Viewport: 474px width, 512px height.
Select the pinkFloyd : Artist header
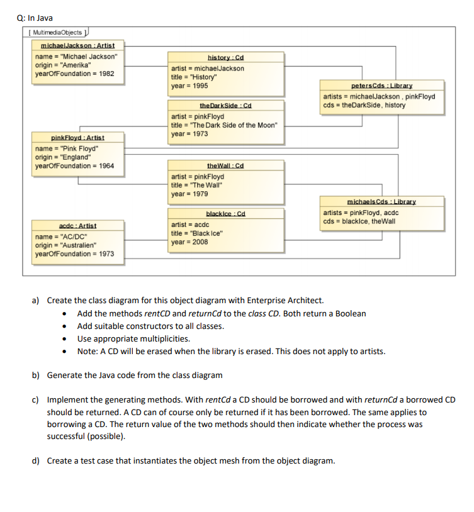point(77,138)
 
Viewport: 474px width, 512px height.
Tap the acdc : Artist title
point(77,225)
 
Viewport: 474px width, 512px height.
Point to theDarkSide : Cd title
point(225,106)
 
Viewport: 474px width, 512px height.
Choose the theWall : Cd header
point(225,166)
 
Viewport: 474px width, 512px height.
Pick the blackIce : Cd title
point(225,214)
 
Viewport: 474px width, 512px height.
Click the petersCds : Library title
point(381,86)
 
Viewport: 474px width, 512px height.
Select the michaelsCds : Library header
point(381,202)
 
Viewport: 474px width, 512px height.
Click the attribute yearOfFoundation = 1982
point(75,74)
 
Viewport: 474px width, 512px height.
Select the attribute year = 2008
point(189,242)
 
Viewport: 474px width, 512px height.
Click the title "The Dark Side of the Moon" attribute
point(223,125)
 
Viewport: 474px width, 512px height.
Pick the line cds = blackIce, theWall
point(359,221)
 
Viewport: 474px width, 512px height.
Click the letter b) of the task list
point(37,375)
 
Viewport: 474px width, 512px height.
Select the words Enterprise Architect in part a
point(288,301)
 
